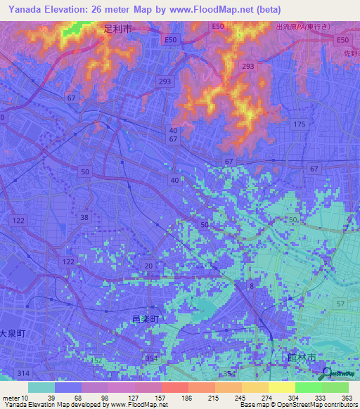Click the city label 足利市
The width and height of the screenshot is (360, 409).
(117, 30)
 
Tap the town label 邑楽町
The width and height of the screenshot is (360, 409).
(146, 319)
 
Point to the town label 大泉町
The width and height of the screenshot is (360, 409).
(12, 334)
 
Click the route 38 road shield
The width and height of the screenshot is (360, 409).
(85, 217)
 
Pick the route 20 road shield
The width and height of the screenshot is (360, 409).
(148, 265)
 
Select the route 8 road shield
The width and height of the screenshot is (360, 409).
(251, 285)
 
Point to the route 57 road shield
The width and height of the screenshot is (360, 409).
(340, 304)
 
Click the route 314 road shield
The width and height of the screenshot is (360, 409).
(25, 372)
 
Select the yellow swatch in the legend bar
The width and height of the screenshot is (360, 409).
(281, 387)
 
